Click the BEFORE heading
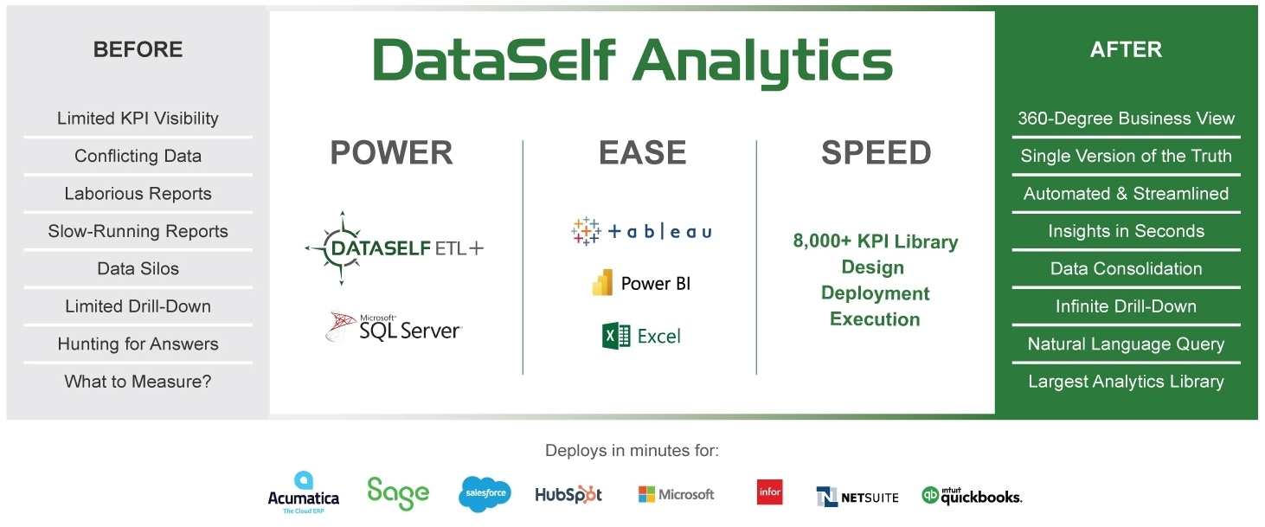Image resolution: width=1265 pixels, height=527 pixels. point(138,49)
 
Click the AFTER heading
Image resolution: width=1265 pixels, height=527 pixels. point(1126,49)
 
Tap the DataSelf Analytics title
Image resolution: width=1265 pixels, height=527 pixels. point(632,61)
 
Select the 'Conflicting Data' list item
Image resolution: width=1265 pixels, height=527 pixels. point(138,156)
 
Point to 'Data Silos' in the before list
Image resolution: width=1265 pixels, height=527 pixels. point(138,268)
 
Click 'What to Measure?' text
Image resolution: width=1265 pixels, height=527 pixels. point(138,382)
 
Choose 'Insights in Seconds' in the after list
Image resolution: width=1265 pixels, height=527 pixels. point(1126,231)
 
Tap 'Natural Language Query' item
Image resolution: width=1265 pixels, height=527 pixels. point(1126,344)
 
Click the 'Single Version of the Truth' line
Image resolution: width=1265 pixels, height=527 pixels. point(1126,156)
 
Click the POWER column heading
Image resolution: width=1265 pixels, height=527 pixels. point(391,152)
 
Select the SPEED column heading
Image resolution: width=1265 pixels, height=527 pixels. point(876,152)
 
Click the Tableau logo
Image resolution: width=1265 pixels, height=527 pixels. point(641,231)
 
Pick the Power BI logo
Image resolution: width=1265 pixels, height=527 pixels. point(641,283)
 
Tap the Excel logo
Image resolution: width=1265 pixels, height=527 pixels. point(641,336)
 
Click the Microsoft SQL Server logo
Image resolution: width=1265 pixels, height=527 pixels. point(394,326)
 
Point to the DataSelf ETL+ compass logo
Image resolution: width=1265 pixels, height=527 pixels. point(394,248)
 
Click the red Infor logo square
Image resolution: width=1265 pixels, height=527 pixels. point(770,492)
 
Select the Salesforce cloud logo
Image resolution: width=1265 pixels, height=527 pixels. point(485,493)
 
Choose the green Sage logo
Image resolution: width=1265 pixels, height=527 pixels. point(398,493)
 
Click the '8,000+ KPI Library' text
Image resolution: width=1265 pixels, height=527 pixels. point(876,241)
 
